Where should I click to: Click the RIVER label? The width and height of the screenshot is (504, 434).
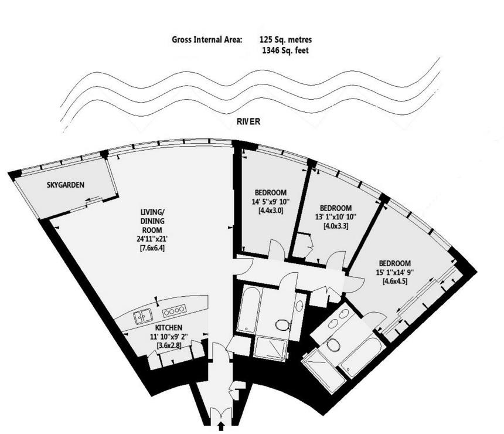[249, 122]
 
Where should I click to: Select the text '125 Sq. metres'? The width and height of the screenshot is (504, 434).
[286, 40]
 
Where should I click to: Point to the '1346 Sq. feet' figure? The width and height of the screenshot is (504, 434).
[286, 51]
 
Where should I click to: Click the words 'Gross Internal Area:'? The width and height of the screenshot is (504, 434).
[207, 40]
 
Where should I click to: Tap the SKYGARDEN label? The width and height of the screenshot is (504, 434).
[65, 185]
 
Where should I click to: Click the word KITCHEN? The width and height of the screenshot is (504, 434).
[168, 327]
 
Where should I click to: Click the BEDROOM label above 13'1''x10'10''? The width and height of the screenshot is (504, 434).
[336, 208]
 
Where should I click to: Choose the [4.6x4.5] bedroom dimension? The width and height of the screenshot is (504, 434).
[394, 281]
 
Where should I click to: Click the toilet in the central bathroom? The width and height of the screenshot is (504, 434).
[282, 325]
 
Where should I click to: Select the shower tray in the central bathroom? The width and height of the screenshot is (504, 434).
[271, 349]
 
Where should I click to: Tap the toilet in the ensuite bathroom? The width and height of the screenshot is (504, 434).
[333, 345]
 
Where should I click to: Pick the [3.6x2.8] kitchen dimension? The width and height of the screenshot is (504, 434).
[168, 346]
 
